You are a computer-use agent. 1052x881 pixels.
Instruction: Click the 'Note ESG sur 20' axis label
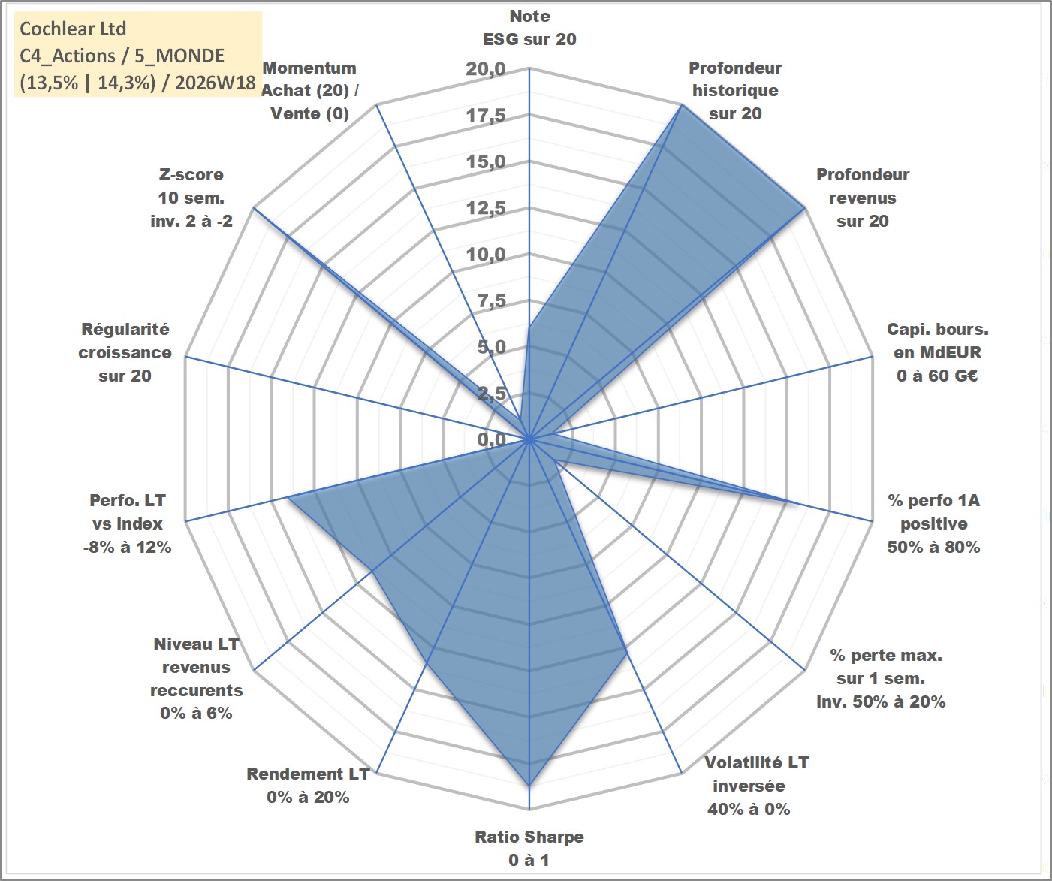click(529, 28)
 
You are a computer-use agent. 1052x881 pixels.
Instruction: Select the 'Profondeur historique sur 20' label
click(735, 91)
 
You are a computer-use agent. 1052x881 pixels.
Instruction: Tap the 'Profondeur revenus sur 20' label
click(863, 198)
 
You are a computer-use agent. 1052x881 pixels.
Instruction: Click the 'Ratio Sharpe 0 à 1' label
click(529, 848)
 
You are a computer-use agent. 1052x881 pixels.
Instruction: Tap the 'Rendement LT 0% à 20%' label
click(308, 786)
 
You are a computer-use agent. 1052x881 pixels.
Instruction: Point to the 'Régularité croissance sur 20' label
click(125, 352)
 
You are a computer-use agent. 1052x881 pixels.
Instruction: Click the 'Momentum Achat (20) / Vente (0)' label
click(310, 91)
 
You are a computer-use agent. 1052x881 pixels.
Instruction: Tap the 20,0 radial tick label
click(485, 68)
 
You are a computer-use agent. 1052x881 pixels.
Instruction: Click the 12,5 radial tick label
click(485, 207)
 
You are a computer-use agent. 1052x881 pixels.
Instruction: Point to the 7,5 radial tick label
click(491, 300)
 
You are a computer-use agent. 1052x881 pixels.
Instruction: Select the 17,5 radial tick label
click(485, 115)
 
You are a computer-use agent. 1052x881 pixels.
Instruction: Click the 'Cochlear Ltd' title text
click(73, 29)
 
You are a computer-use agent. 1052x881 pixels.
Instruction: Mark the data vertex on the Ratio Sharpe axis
click(529, 786)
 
